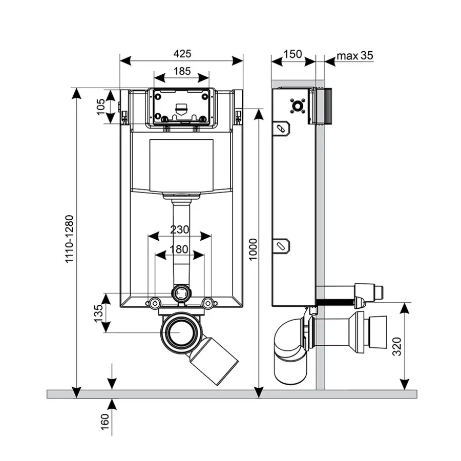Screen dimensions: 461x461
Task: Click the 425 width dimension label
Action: coord(182,53)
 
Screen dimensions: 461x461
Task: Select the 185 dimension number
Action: coord(181,71)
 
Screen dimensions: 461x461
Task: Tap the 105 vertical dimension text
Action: coord(101,106)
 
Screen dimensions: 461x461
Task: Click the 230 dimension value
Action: coord(179,230)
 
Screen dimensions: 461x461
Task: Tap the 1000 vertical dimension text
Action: coord(252,249)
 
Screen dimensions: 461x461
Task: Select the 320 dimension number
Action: coord(396,346)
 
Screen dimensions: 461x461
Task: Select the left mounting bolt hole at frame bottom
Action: coord(154,303)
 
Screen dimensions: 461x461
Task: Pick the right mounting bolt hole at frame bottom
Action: coord(207,303)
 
